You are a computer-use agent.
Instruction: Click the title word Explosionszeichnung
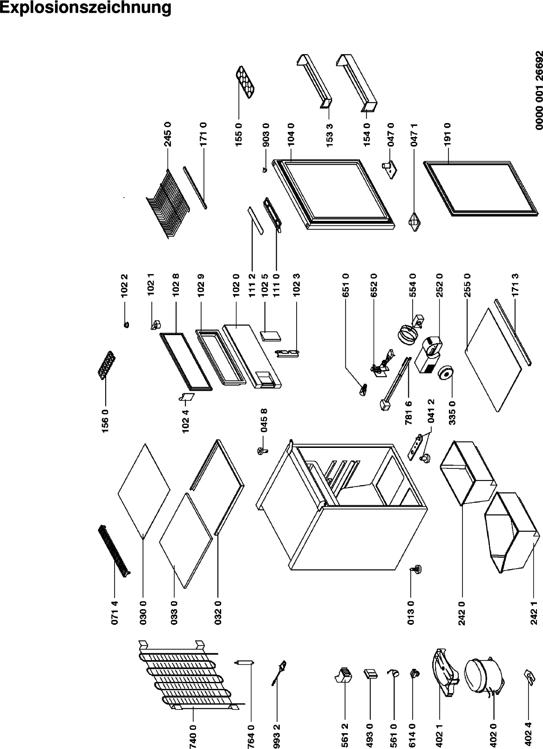(86, 8)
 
